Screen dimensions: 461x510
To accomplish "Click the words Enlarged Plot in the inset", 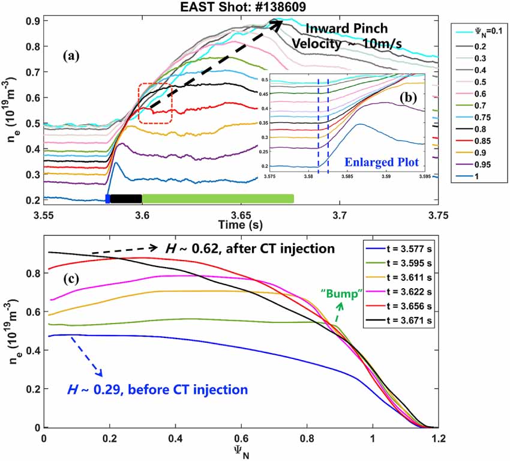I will click(387, 162).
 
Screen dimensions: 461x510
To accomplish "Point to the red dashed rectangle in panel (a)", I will click(155, 104).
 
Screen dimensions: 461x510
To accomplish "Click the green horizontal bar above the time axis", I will click(217, 199).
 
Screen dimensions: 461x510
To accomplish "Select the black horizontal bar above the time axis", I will click(126, 199).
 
